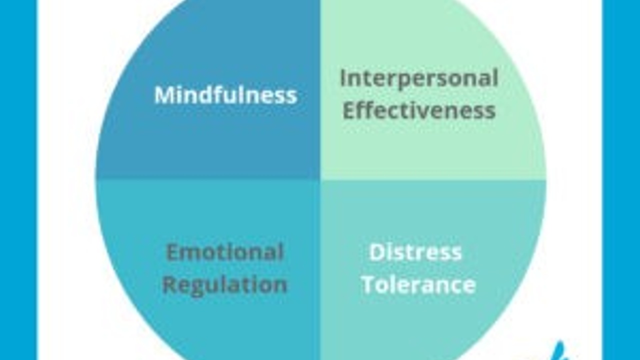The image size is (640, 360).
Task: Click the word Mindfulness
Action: [225, 95]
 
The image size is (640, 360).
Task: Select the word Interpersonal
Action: [419, 78]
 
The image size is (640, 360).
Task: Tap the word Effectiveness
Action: [419, 110]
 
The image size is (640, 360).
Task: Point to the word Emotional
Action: [225, 252]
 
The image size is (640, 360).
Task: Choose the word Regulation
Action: [225, 285]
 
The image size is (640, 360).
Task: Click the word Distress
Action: [415, 252]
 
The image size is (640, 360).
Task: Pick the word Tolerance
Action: [418, 285]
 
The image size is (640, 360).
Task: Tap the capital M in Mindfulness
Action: [163, 95]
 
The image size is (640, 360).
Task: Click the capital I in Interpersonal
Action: [343, 78]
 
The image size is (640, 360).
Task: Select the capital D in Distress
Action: [376, 252]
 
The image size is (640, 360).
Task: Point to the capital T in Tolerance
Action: [368, 285]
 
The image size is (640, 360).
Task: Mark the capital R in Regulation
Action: [170, 285]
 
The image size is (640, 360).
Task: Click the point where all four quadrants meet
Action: [320, 179]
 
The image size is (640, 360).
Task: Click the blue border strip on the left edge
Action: [18, 180]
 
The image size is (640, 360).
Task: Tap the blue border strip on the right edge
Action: [621, 180]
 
